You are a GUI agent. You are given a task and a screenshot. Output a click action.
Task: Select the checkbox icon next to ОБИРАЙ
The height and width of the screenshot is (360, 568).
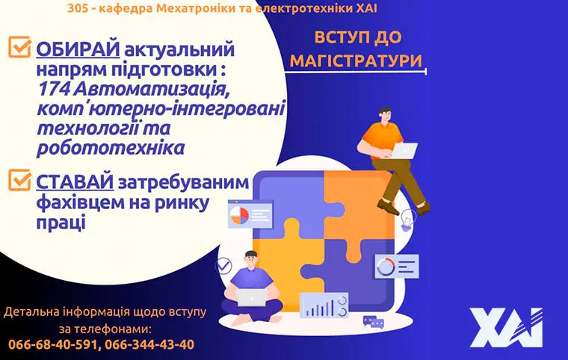pos(18,47)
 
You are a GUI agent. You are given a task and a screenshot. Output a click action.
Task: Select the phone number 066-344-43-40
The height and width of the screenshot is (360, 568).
pos(149,344)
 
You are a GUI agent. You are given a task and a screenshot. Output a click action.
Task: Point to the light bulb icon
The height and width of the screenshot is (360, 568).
pos(407,218)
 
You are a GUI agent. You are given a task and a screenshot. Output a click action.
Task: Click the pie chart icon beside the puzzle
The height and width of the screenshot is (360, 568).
pos(239,216)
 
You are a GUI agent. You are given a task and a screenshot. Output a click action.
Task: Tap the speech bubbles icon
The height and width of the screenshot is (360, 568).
pos(373,322)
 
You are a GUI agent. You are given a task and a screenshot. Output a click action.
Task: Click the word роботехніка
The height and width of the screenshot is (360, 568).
pos(110,147)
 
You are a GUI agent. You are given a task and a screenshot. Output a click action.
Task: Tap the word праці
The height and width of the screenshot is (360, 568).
pos(60,222)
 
